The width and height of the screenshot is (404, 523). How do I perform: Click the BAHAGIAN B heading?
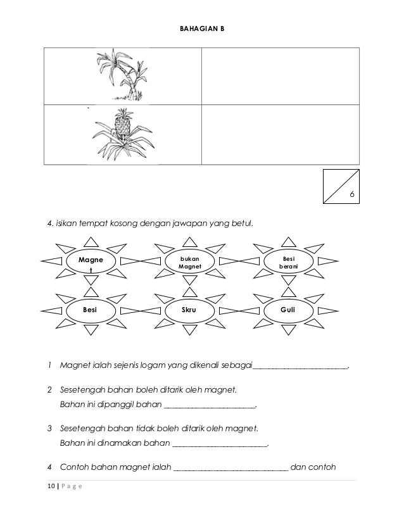[201, 28]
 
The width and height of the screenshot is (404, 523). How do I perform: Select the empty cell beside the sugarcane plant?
[280, 76]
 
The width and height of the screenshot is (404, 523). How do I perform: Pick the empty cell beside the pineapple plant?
[280, 135]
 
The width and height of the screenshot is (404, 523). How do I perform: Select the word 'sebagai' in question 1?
[239, 365]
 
